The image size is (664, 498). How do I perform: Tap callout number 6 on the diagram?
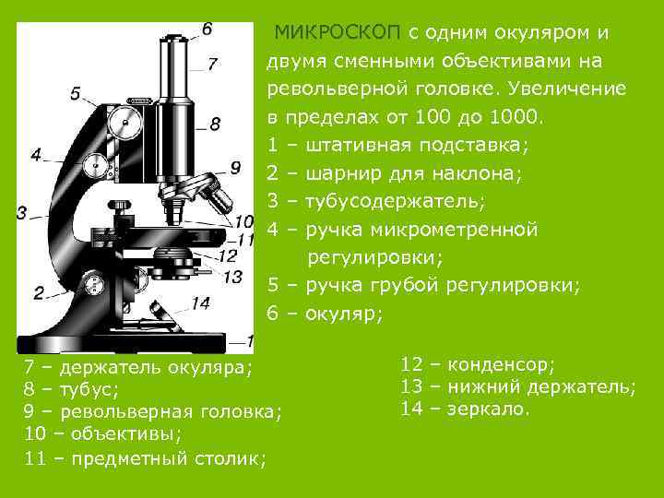pyautogui.click(x=207, y=29)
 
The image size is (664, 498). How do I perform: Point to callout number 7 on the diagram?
pyautogui.click(x=213, y=64)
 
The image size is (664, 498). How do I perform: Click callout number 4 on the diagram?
pyautogui.click(x=35, y=155)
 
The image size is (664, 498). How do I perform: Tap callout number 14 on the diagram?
pyautogui.click(x=201, y=302)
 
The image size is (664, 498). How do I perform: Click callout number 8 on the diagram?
pyautogui.click(x=214, y=123)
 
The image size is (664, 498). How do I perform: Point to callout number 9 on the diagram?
pyautogui.click(x=235, y=167)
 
